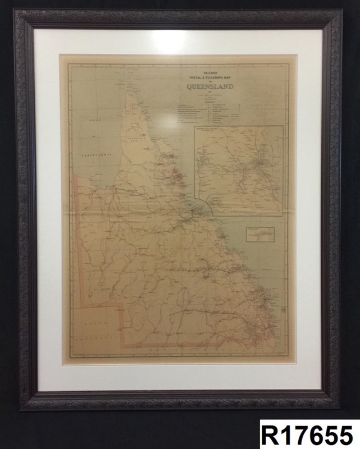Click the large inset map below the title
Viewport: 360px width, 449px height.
[x=238, y=171]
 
